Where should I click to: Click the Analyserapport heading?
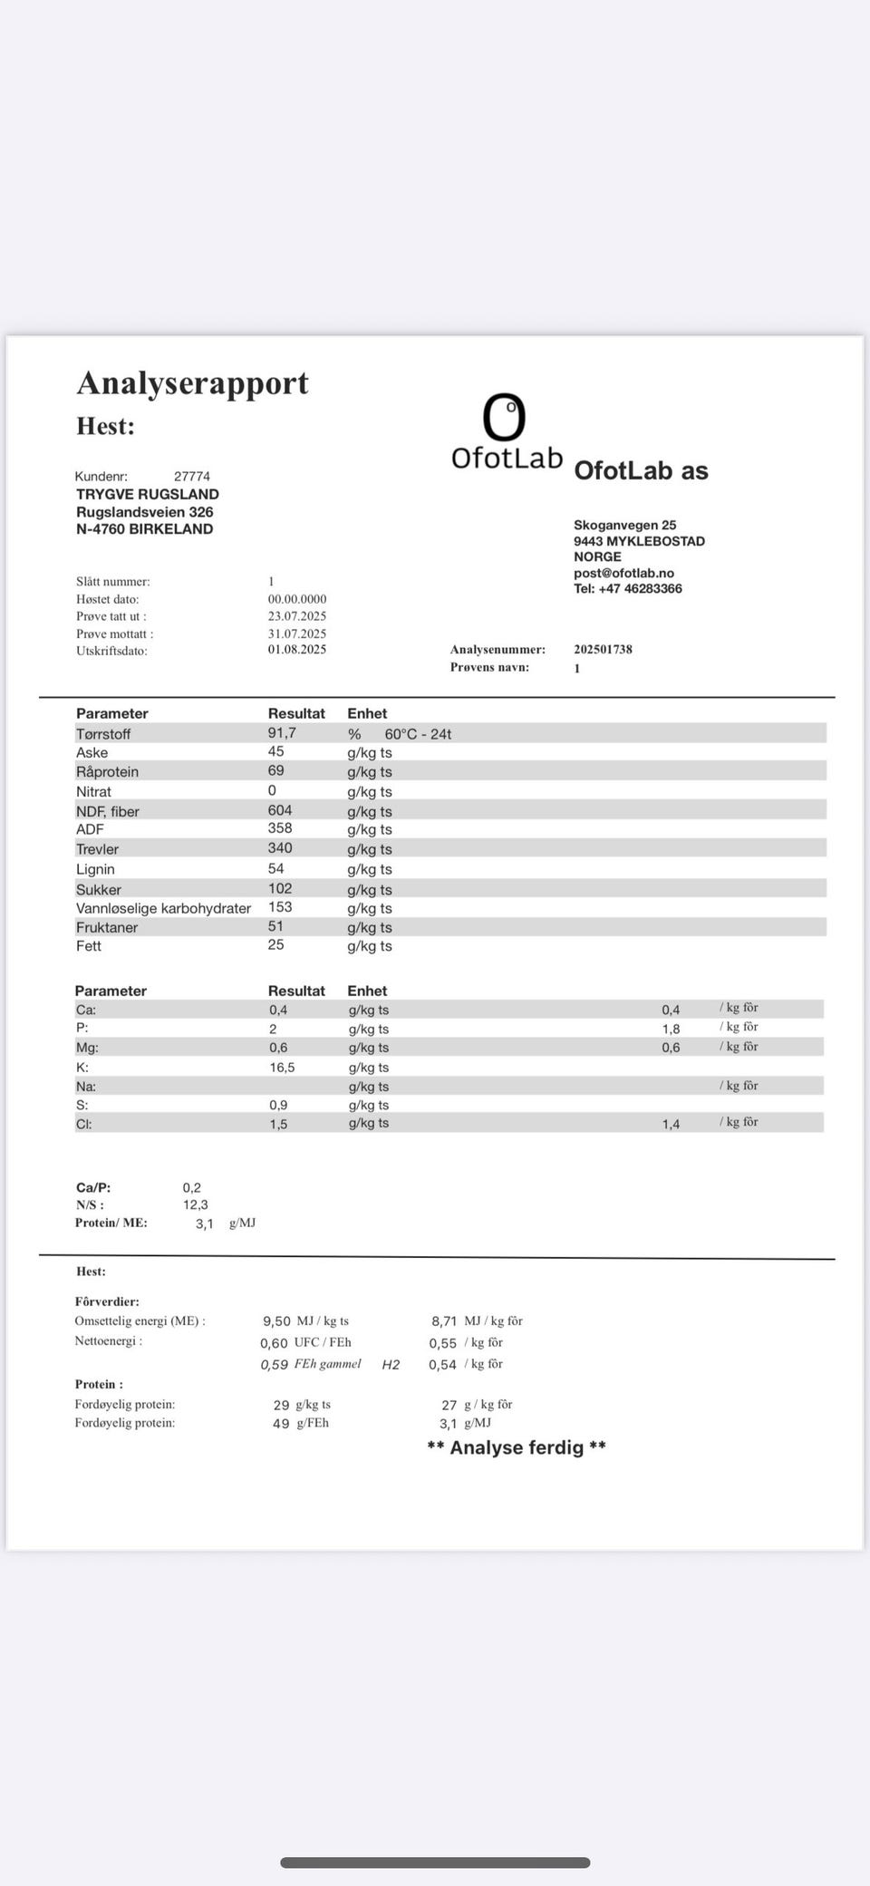pyautogui.click(x=192, y=383)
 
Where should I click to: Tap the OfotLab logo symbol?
pyautogui.click(x=504, y=417)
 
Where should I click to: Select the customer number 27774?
pyautogui.click(x=191, y=476)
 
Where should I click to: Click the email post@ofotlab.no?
pyautogui.click(x=623, y=573)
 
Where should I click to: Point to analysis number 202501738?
pyautogui.click(x=603, y=649)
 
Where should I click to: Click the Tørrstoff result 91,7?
pyautogui.click(x=281, y=732)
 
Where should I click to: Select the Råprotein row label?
pyautogui.click(x=107, y=771)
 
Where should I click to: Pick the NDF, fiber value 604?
pyautogui.click(x=279, y=810)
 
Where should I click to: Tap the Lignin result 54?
pyautogui.click(x=275, y=868)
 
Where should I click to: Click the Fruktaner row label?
pyautogui.click(x=107, y=927)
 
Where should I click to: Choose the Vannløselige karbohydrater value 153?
pyautogui.click(x=279, y=906)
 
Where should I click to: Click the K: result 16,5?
pyautogui.click(x=282, y=1068)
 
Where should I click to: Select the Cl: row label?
pyautogui.click(x=83, y=1124)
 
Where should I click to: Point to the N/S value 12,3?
pyautogui.click(x=195, y=1204)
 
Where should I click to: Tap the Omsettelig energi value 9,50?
pyautogui.click(x=276, y=1321)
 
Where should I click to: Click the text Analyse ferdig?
pyautogui.click(x=516, y=1447)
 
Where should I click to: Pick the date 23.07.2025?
pyautogui.click(x=296, y=616)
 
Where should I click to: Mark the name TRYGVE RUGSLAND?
pyautogui.click(x=147, y=494)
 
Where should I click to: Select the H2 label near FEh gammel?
pyautogui.click(x=391, y=1365)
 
